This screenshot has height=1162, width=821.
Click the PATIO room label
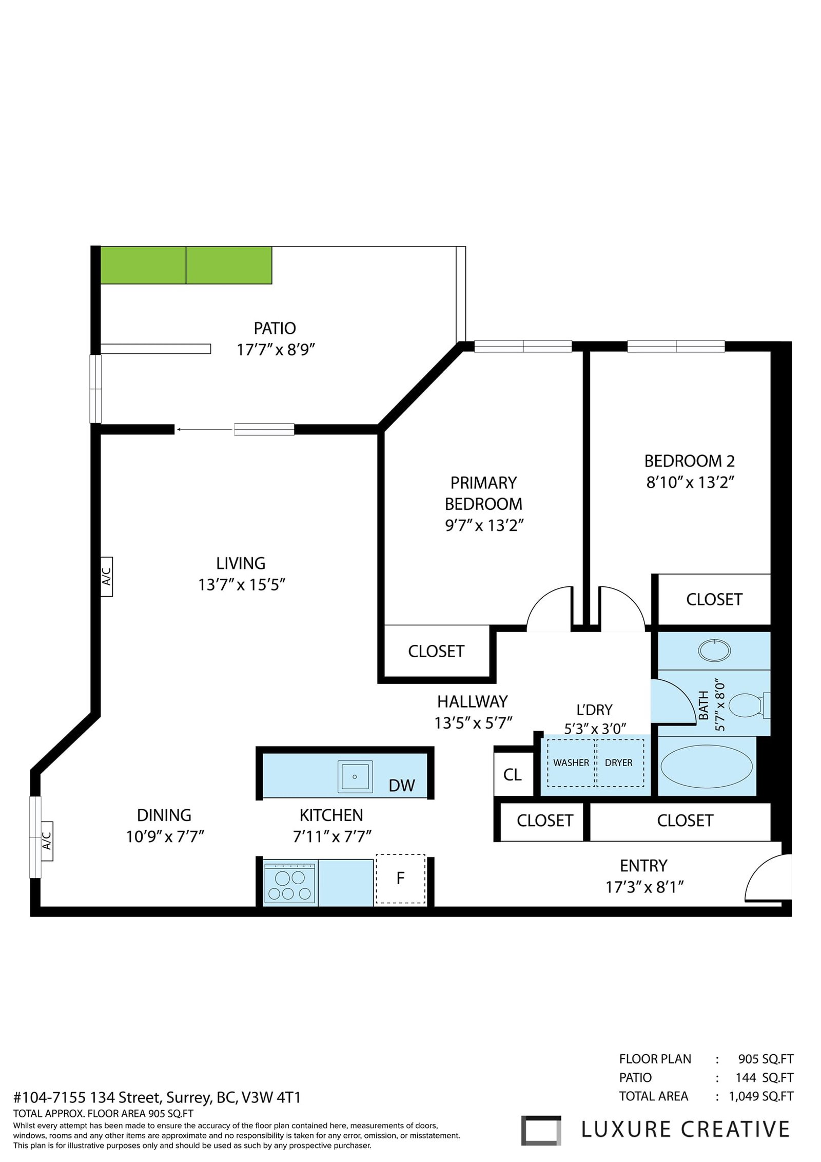coord(275,328)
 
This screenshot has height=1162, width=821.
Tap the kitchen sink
coord(355,776)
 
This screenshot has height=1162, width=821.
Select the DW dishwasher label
coord(402,785)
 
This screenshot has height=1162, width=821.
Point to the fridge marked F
coord(401,879)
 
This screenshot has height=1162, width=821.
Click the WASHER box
coord(571,763)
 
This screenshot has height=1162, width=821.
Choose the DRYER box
coord(619,763)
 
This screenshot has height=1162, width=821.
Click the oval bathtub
coord(706,766)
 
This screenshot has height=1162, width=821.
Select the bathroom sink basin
coord(714,651)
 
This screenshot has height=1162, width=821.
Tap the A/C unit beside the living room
coord(106,576)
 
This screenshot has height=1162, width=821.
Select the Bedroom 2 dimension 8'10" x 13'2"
coord(690,483)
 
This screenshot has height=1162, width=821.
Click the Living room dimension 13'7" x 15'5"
coord(242,585)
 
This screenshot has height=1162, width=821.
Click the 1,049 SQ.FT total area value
coord(761,1096)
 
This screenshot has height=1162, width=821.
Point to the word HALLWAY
coord(473,701)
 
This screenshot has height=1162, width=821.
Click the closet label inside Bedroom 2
coord(714,599)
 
